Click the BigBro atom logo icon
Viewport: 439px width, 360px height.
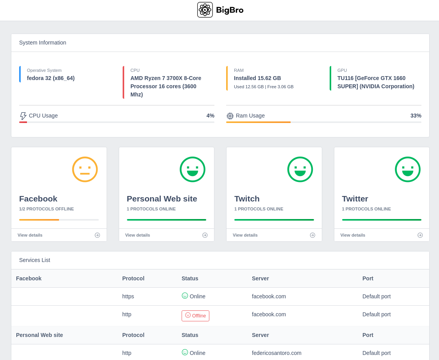coord(205,10)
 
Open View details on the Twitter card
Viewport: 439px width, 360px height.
coord(352,235)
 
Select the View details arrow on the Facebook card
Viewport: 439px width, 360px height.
coord(97,235)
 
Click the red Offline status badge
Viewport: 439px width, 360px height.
coord(195,316)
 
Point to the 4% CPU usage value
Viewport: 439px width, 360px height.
coord(210,116)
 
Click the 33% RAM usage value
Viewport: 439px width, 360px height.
coord(416,116)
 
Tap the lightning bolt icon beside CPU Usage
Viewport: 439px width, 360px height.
coord(23,116)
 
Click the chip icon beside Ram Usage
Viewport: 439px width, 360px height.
coord(230,116)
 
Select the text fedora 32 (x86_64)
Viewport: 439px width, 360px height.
coord(51,78)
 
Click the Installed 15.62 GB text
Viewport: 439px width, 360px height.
coord(257,78)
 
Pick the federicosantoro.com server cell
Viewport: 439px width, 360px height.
coord(277,353)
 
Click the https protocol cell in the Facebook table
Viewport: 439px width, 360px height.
coord(128,296)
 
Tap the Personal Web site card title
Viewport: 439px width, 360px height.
coord(162,199)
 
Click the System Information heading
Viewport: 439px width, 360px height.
coord(43,43)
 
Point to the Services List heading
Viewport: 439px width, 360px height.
coord(34,260)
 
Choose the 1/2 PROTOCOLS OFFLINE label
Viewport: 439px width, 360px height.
coord(46,209)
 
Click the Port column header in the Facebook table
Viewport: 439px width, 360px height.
coord(368,278)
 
